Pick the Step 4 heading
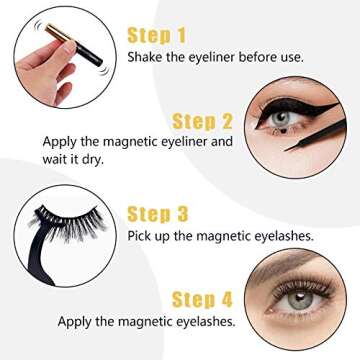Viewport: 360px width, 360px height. pos(204,298)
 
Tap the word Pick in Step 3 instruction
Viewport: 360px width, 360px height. pos(140,235)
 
